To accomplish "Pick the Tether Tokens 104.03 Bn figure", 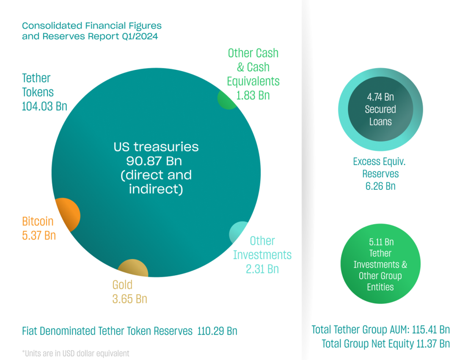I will click(x=44, y=106).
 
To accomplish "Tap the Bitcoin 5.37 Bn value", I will click(x=39, y=235).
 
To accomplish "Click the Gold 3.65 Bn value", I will click(x=129, y=299).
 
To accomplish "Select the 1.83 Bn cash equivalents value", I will click(x=253, y=95).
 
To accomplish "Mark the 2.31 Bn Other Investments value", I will click(x=262, y=269).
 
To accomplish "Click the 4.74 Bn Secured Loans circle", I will click(x=380, y=109).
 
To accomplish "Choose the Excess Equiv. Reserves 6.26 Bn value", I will click(x=380, y=186).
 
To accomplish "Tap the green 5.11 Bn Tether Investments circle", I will click(x=380, y=264).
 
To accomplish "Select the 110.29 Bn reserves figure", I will click(x=217, y=331).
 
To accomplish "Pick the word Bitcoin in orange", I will click(x=38, y=221).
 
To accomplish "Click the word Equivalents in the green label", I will click(x=253, y=81).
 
